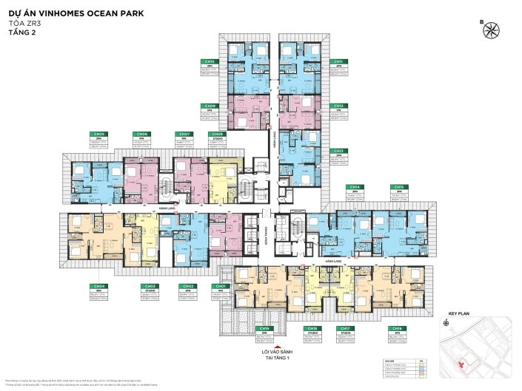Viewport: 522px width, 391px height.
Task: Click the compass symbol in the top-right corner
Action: (x=491, y=30)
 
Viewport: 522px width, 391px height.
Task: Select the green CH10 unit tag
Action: (x=210, y=62)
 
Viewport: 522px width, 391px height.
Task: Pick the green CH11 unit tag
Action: (x=338, y=62)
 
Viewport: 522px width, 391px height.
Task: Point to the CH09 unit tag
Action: (x=210, y=106)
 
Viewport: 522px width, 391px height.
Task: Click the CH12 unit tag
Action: (x=338, y=106)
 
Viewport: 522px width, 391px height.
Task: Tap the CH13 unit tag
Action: (x=338, y=150)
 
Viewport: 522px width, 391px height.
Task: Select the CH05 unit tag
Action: (x=98, y=135)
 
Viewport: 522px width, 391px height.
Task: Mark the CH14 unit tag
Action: (x=355, y=187)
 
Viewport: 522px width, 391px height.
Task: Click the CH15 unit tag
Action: (x=399, y=187)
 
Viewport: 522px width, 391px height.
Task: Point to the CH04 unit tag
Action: (x=98, y=285)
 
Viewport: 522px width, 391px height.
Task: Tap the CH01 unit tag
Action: (x=220, y=285)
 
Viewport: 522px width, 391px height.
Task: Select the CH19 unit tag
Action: (x=262, y=328)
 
